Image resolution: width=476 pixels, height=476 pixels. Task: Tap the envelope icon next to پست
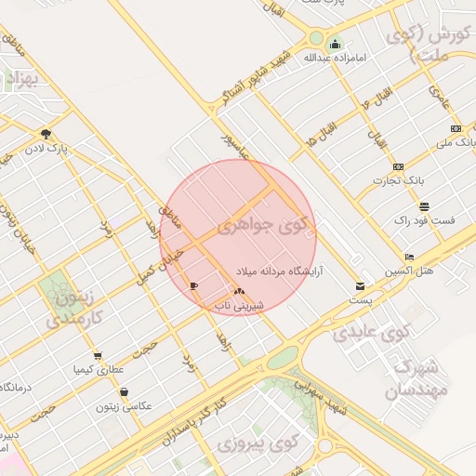point(360,285)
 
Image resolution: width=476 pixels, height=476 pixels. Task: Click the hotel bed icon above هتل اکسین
point(409,257)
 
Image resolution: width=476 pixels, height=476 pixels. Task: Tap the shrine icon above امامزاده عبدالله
point(335,43)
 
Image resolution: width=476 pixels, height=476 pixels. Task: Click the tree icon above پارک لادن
point(46,133)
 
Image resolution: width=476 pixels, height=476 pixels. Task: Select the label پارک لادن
point(46,147)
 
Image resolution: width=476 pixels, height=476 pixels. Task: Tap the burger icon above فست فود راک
point(424,206)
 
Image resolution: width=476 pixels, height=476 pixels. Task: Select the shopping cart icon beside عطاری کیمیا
point(98,356)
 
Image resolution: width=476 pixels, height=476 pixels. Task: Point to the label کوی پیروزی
point(249,445)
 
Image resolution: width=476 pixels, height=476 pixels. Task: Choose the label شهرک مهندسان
point(428,378)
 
